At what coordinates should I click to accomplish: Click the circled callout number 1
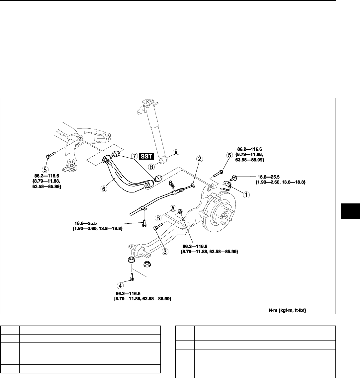tap(246, 195)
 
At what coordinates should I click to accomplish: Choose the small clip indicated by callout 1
tap(228, 184)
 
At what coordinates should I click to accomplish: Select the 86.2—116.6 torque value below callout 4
tap(129, 294)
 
